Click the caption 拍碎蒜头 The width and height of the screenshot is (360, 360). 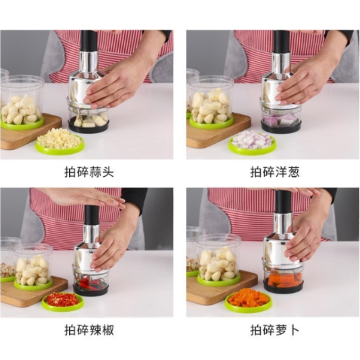(89, 172)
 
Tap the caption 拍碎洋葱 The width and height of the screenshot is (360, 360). (275, 172)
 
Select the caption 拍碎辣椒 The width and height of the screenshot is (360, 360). (89, 330)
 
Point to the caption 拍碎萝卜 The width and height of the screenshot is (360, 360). (275, 330)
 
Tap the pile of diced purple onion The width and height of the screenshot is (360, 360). (252, 139)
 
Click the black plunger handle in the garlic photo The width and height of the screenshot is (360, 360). (89, 41)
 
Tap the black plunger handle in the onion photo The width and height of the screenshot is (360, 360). (282, 41)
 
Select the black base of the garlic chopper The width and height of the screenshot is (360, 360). (89, 127)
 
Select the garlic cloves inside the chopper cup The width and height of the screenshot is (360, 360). (91, 121)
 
